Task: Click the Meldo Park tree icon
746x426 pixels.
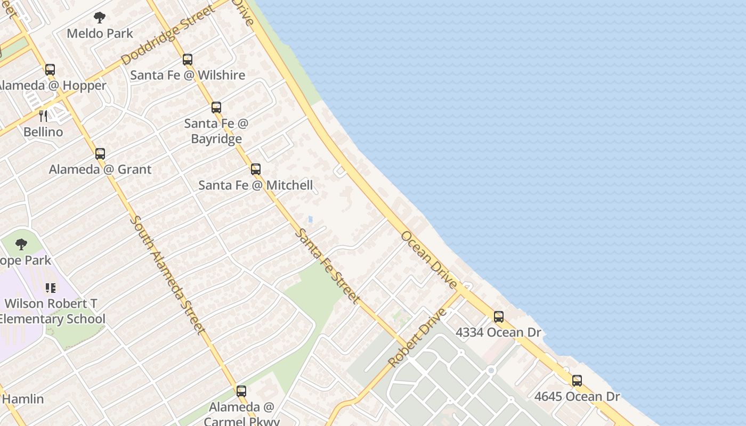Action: click(100, 18)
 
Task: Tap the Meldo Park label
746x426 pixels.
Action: click(100, 34)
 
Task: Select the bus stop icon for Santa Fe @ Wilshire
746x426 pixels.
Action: click(188, 59)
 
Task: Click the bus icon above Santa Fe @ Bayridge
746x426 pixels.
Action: click(216, 108)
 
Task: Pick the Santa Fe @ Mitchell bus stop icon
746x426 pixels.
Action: click(256, 169)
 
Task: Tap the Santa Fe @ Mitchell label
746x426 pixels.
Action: click(256, 185)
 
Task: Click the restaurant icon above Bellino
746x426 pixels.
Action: click(43, 116)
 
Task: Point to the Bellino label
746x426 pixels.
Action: click(43, 132)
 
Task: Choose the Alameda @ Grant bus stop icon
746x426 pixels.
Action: click(100, 154)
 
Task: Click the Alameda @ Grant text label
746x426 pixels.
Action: click(100, 169)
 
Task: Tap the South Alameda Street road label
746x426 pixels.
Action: click(167, 275)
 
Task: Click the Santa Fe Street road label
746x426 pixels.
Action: click(327, 266)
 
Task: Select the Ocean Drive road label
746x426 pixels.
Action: click(429, 260)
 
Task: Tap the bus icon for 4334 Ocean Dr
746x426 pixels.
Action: click(499, 317)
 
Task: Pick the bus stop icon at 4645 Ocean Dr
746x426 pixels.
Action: click(577, 381)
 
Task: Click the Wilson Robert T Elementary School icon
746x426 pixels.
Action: click(51, 288)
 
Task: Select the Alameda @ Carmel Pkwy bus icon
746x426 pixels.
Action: click(241, 391)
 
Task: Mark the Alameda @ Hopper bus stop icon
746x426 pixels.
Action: click(50, 70)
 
